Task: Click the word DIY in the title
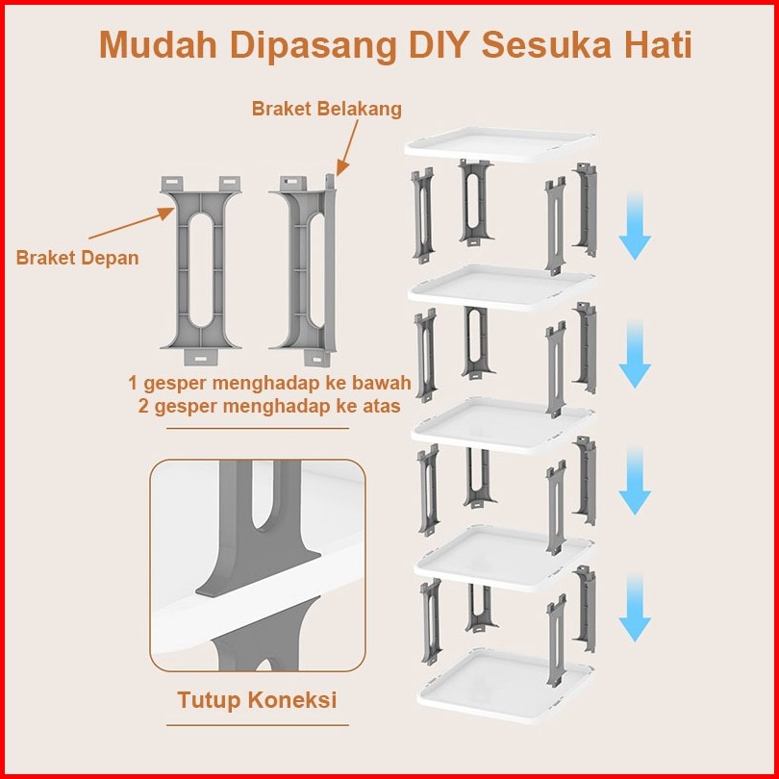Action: [439, 45]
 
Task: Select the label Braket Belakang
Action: [326, 109]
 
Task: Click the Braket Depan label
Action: [77, 258]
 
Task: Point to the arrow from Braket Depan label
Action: [131, 223]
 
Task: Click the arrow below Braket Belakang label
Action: [347, 147]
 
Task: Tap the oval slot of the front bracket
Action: [201, 270]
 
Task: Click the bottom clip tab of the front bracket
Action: [201, 357]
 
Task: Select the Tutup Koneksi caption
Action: [257, 699]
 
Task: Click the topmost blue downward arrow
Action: [635, 225]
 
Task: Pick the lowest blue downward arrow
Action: [635, 607]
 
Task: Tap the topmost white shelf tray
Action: [500, 143]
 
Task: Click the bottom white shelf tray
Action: [506, 686]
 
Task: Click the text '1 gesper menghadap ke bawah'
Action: [270, 383]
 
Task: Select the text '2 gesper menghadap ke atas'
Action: [269, 407]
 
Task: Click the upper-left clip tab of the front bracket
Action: [172, 184]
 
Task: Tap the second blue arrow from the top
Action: [635, 354]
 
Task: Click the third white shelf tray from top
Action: [503, 425]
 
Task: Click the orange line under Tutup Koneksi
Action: [258, 725]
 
